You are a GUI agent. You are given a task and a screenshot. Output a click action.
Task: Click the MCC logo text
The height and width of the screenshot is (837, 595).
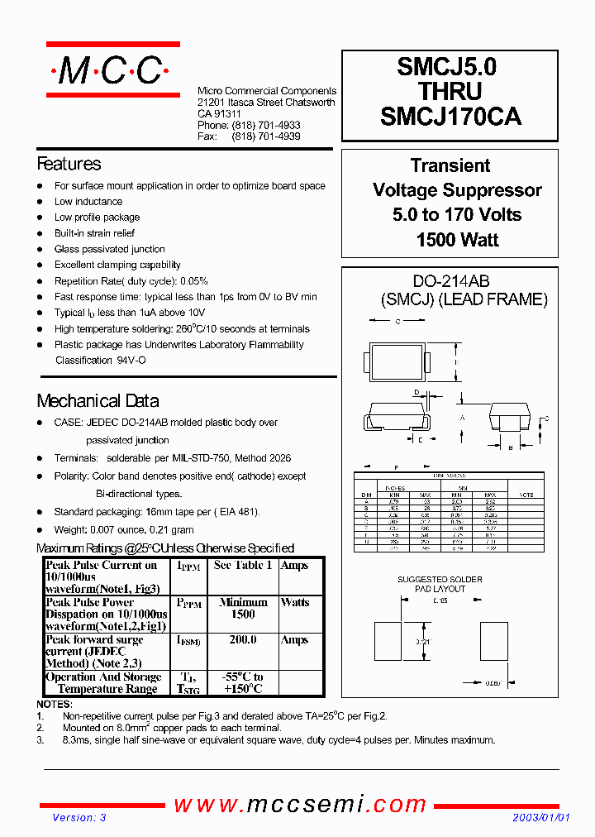coord(110,72)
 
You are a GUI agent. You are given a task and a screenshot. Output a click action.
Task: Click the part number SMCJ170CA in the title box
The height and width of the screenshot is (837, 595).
coord(450,117)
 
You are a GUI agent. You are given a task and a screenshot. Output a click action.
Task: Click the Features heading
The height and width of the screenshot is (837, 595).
coord(69,164)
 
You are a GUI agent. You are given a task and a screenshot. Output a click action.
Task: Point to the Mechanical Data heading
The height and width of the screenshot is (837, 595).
coord(98,401)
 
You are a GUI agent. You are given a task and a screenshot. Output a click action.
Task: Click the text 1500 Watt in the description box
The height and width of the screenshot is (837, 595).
coord(457,240)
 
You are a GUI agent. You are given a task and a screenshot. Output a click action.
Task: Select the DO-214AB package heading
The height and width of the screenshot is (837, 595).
coord(450,281)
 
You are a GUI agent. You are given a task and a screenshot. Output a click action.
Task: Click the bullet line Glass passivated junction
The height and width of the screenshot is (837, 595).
coord(110,249)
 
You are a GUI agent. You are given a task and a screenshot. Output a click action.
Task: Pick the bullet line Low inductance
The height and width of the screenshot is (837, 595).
coord(88,202)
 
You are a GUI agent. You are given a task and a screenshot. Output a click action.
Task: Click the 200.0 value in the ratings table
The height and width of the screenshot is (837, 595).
coord(242,640)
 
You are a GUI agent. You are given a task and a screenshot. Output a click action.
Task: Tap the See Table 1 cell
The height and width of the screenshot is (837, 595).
coord(242,566)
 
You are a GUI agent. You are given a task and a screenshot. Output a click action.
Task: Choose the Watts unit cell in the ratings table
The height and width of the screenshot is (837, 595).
coord(294,603)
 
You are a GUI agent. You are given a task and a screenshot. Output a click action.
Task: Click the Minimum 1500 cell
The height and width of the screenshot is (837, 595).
coord(242,609)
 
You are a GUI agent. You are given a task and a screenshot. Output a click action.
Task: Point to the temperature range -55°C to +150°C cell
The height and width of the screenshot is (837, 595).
coord(243,683)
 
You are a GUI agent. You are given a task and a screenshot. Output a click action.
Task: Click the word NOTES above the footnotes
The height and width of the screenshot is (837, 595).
coord(55,704)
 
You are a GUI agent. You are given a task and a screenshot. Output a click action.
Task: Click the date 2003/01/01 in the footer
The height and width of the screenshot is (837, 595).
coord(541,817)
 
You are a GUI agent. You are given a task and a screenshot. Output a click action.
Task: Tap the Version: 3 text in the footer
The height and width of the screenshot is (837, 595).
coord(79,817)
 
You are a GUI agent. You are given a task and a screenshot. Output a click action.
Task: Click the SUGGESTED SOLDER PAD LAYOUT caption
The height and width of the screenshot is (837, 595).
coord(440,584)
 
